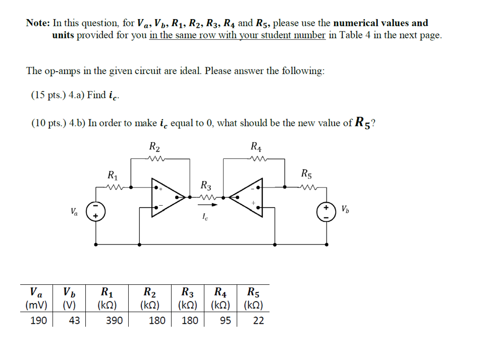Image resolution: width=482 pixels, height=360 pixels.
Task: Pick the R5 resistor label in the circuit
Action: (306, 174)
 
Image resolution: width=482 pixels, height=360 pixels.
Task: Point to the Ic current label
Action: (205, 218)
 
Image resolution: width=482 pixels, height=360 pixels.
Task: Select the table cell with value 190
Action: (39, 320)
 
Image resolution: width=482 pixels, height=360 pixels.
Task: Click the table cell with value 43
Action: (74, 320)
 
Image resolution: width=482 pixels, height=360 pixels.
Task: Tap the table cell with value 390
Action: (114, 320)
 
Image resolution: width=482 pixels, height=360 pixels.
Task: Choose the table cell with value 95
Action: (226, 320)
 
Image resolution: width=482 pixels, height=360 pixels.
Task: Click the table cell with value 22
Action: (258, 320)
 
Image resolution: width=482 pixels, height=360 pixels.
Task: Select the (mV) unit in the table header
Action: (36, 305)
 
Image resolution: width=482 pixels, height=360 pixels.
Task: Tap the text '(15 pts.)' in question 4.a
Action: (49, 95)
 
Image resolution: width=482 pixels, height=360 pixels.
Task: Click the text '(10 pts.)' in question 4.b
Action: (49, 124)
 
